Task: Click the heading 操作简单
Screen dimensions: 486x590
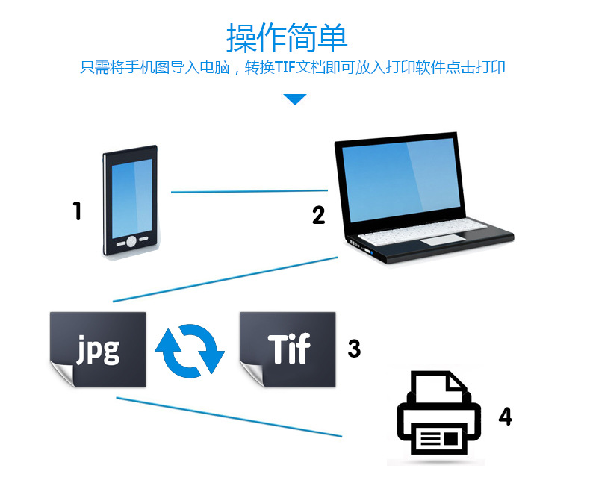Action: [x=287, y=37]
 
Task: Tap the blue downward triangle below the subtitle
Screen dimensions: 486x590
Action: [x=295, y=99]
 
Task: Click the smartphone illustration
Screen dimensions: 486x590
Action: [x=131, y=202]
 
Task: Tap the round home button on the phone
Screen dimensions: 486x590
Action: [x=131, y=241]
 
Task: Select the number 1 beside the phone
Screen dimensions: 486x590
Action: [x=77, y=212]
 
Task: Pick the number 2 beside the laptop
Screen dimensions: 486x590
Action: [x=319, y=216]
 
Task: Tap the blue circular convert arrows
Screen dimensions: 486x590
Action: [x=190, y=349]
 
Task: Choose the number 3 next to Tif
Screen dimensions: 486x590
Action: [x=354, y=348]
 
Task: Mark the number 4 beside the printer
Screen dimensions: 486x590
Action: [x=506, y=416]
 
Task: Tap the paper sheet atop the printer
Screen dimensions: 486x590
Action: [x=440, y=389]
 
